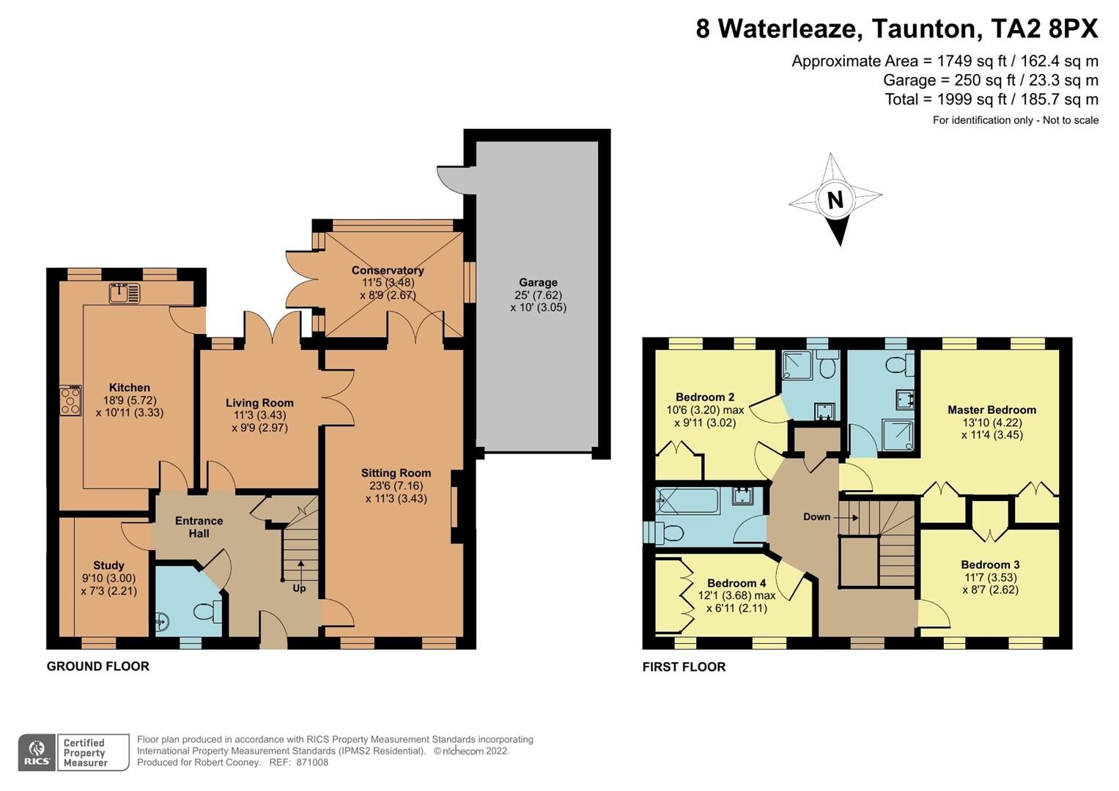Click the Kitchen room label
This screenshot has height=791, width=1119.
[130, 387]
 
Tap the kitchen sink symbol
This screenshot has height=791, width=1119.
[124, 293]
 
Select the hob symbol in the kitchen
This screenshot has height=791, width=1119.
[71, 401]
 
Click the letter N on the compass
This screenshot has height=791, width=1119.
[835, 199]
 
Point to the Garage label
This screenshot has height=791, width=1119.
[538, 282]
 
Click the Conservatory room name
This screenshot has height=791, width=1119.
[388, 270]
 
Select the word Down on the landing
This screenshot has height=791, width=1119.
[816, 516]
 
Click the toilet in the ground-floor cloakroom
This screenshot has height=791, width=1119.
[207, 609]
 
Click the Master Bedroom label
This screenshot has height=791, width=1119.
[991, 409]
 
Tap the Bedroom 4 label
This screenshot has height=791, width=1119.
[736, 583]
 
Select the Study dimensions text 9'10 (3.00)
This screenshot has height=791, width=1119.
[108, 578]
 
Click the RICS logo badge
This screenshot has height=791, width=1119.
[37, 752]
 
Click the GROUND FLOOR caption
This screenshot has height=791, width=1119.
[98, 666]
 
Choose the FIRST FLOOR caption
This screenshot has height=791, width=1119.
[684, 666]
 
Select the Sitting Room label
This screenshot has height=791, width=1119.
[396, 472]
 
